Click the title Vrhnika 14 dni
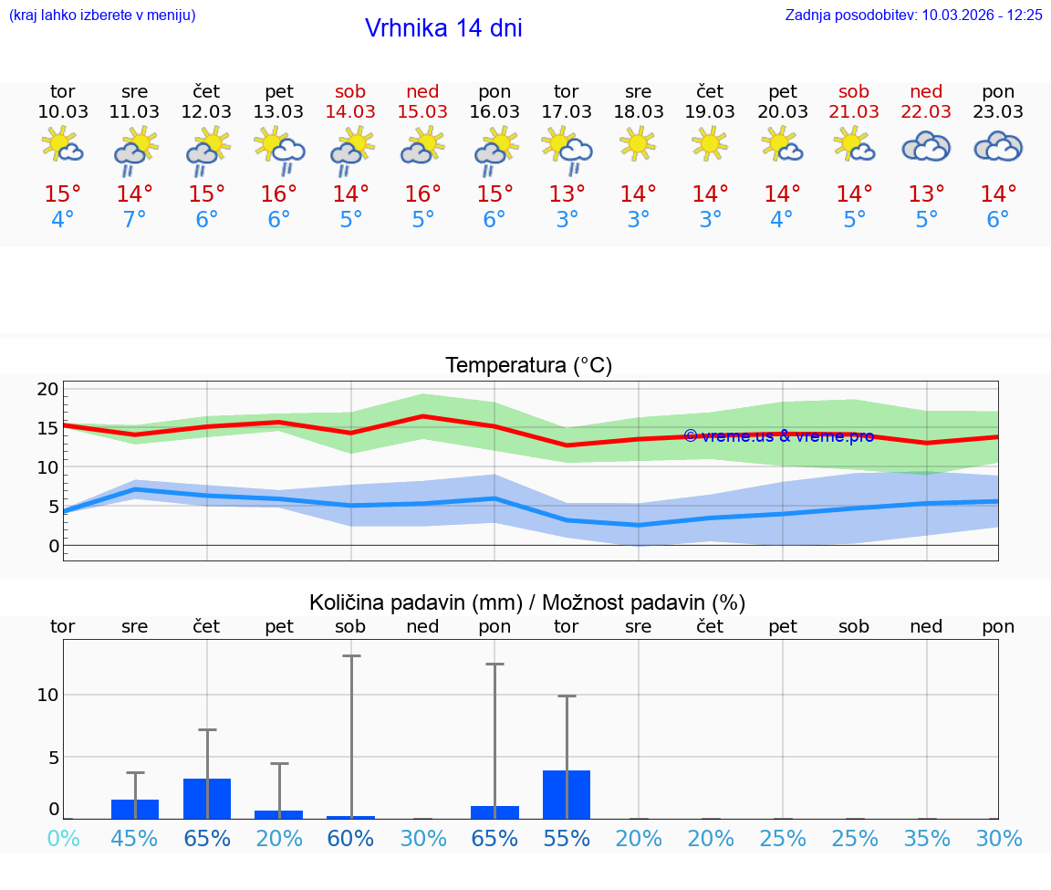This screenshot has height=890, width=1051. (443, 28)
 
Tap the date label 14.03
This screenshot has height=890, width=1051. (350, 111)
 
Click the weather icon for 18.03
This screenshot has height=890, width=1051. (638, 144)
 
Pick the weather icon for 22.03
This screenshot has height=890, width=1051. (926, 146)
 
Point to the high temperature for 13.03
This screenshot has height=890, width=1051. (278, 194)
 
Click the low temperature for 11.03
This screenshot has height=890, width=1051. (134, 220)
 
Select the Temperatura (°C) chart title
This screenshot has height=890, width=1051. (528, 366)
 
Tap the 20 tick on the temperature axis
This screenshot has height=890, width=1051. (47, 390)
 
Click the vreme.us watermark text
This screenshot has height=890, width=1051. (778, 436)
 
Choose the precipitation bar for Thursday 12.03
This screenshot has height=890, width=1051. (207, 799)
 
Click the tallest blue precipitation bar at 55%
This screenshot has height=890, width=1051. (567, 794)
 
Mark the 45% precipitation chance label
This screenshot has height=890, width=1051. (135, 839)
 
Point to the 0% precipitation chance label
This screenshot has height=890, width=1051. (63, 839)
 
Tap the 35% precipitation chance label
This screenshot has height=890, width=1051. (927, 839)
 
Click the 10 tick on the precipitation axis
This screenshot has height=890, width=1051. (47, 695)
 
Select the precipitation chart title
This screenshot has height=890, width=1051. (527, 602)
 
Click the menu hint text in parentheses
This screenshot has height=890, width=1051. (102, 15)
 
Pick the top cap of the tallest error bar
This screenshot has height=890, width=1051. (351, 655)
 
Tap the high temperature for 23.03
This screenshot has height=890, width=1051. (998, 194)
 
